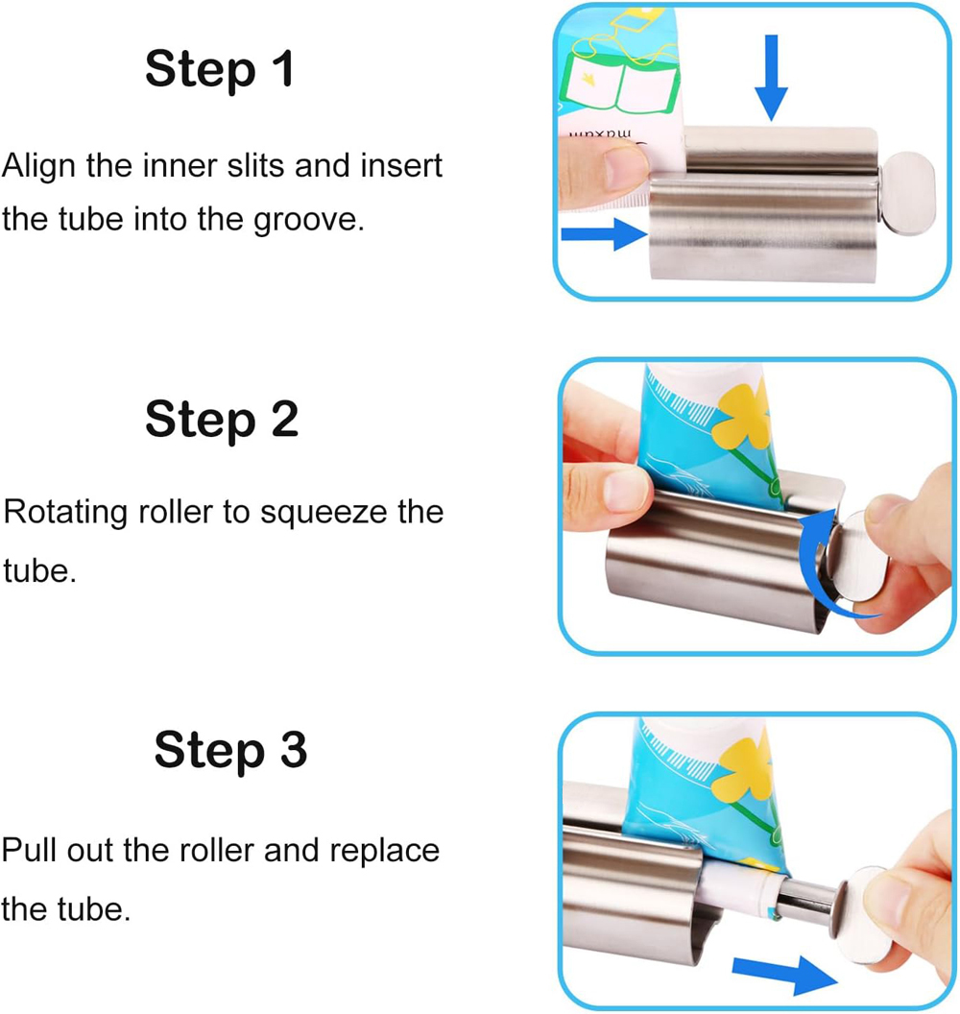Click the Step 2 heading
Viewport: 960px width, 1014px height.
point(222,420)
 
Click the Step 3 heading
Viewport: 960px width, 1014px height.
point(230,750)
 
